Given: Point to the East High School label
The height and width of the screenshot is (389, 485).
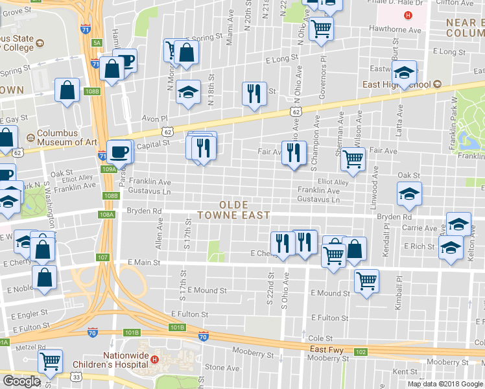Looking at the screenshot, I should (x=397, y=84).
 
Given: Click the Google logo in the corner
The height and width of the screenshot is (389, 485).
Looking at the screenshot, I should (x=21, y=381).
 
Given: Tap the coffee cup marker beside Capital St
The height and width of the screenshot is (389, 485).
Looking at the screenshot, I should (x=119, y=152).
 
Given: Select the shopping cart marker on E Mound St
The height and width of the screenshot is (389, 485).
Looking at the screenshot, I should (x=366, y=281).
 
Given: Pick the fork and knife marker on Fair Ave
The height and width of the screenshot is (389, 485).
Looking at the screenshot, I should (x=294, y=152).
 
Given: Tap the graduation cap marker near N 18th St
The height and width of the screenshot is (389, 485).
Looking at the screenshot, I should (x=189, y=91).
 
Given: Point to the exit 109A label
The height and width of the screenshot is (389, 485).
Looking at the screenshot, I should (x=108, y=169).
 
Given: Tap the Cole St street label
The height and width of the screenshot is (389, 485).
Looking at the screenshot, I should (x=320, y=338).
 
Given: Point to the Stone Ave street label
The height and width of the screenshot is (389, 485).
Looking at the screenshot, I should (x=222, y=368).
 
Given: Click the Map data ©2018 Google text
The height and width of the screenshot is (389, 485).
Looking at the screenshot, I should (x=445, y=383).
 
